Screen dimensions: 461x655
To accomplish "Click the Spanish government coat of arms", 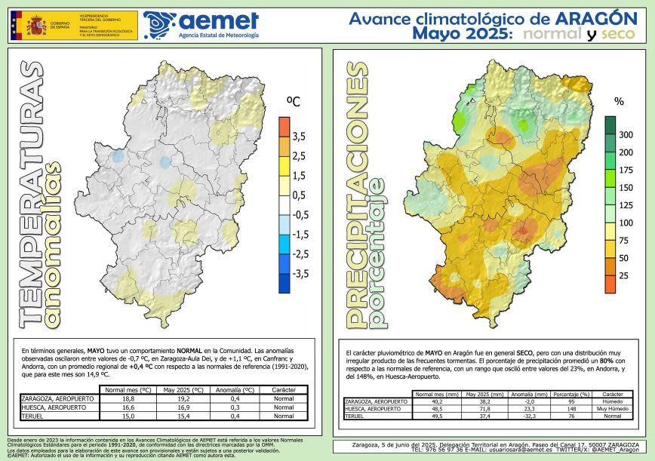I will pyautogui.click(x=35, y=26).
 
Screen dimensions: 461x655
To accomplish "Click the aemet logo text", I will pyautogui.click(x=218, y=20).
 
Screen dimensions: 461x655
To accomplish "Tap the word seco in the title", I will pyautogui.click(x=623, y=35).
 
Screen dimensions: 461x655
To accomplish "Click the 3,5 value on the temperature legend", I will pyautogui.click(x=299, y=136).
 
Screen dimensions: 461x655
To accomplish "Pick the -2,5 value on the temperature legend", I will pyautogui.click(x=299, y=254).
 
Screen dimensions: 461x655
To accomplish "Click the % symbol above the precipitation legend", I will pyautogui.click(x=620, y=100).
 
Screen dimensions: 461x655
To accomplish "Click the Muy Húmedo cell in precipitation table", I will pyautogui.click(x=613, y=408).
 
